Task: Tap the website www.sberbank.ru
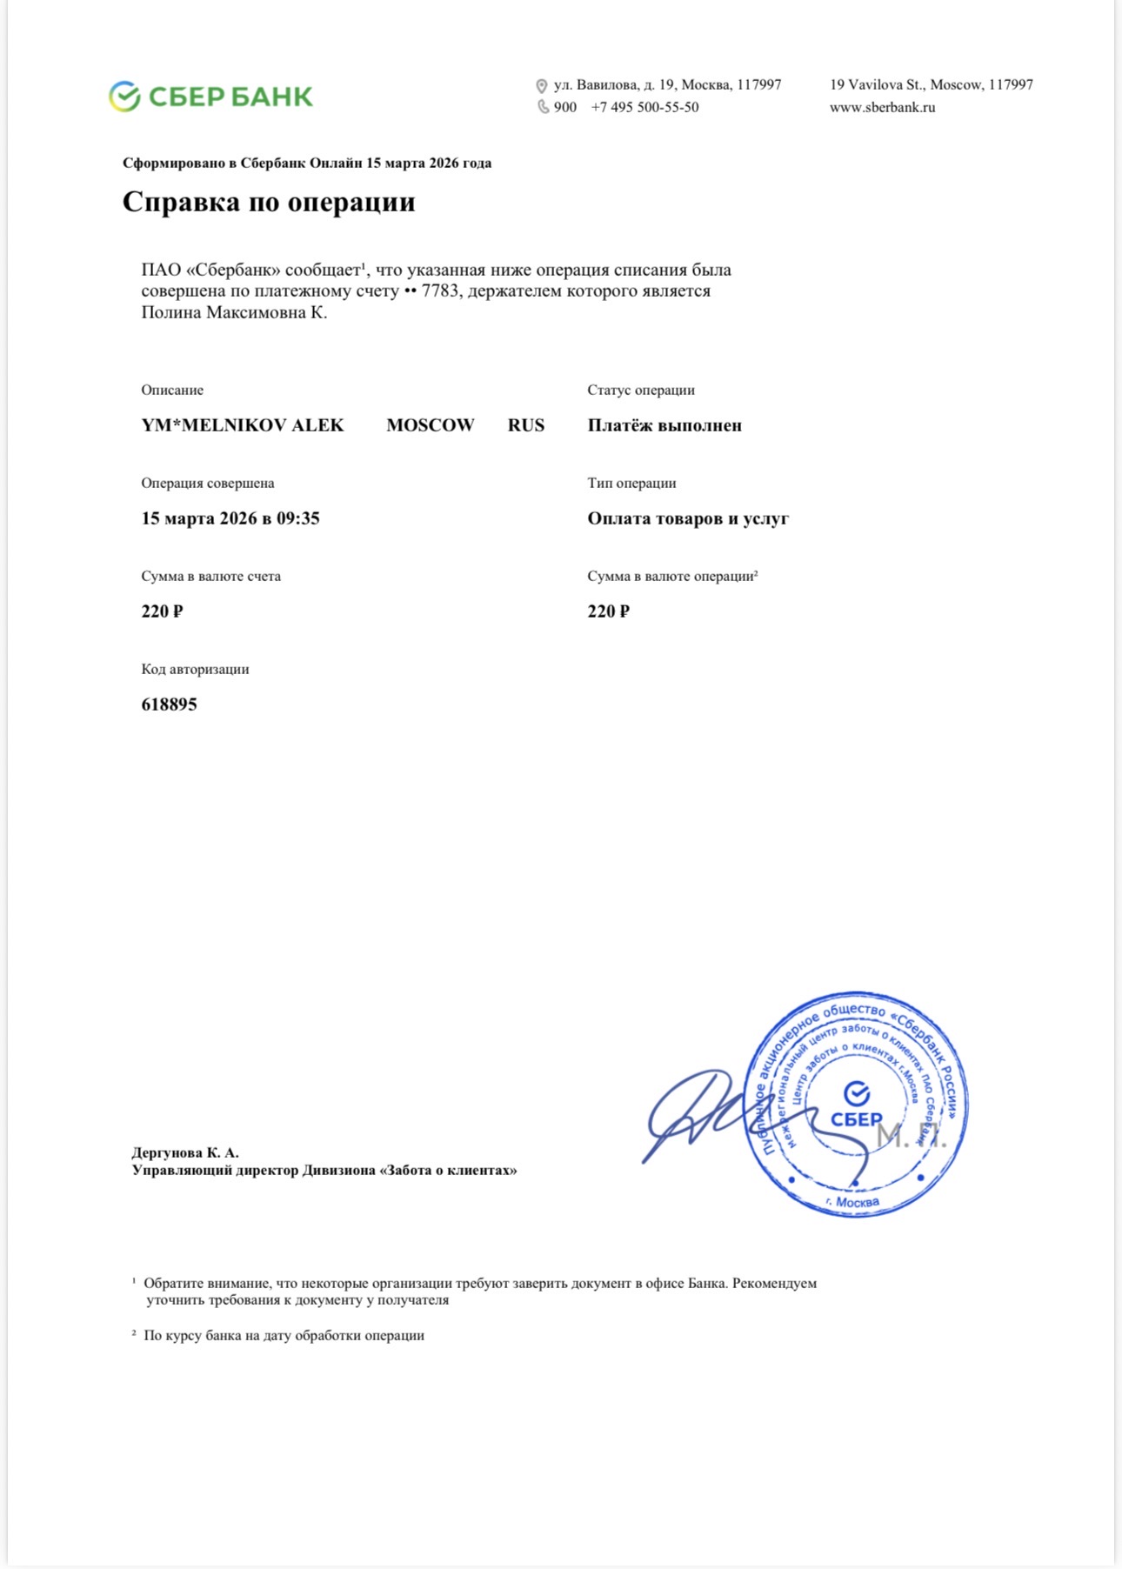coord(882,108)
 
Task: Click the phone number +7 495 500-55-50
coord(644,108)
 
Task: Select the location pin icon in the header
coord(541,86)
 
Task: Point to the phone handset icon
coord(543,107)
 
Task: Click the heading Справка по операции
coord(269,202)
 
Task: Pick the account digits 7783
coord(439,291)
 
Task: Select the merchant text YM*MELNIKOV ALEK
coord(243,425)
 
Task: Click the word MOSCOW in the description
coord(431,425)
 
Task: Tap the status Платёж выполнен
coord(665,425)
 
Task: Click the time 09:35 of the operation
coord(298,518)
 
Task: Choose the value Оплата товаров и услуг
coord(688,518)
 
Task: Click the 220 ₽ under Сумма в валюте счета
coord(163,611)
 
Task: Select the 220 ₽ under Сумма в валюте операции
coord(608,611)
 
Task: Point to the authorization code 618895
coord(170,704)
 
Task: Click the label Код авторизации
coord(196,670)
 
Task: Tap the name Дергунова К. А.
coord(185,1152)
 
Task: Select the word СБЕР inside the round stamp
coord(856,1119)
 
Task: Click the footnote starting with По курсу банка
coord(284,1335)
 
